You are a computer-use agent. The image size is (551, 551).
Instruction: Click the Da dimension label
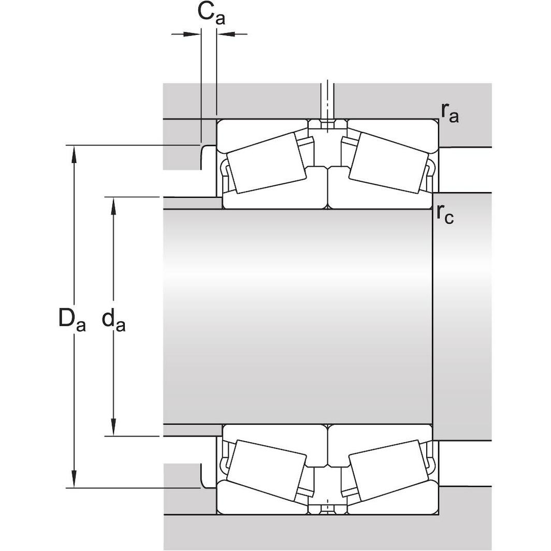click(71, 320)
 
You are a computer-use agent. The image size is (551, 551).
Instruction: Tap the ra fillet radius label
click(450, 112)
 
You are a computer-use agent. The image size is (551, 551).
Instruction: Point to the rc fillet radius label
click(445, 214)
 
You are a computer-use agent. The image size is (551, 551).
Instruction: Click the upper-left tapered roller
click(266, 163)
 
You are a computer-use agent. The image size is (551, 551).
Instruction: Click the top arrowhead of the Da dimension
click(75, 152)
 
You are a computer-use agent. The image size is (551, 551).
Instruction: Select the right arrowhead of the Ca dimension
click(224, 34)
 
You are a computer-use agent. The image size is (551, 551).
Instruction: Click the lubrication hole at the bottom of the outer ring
click(327, 510)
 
